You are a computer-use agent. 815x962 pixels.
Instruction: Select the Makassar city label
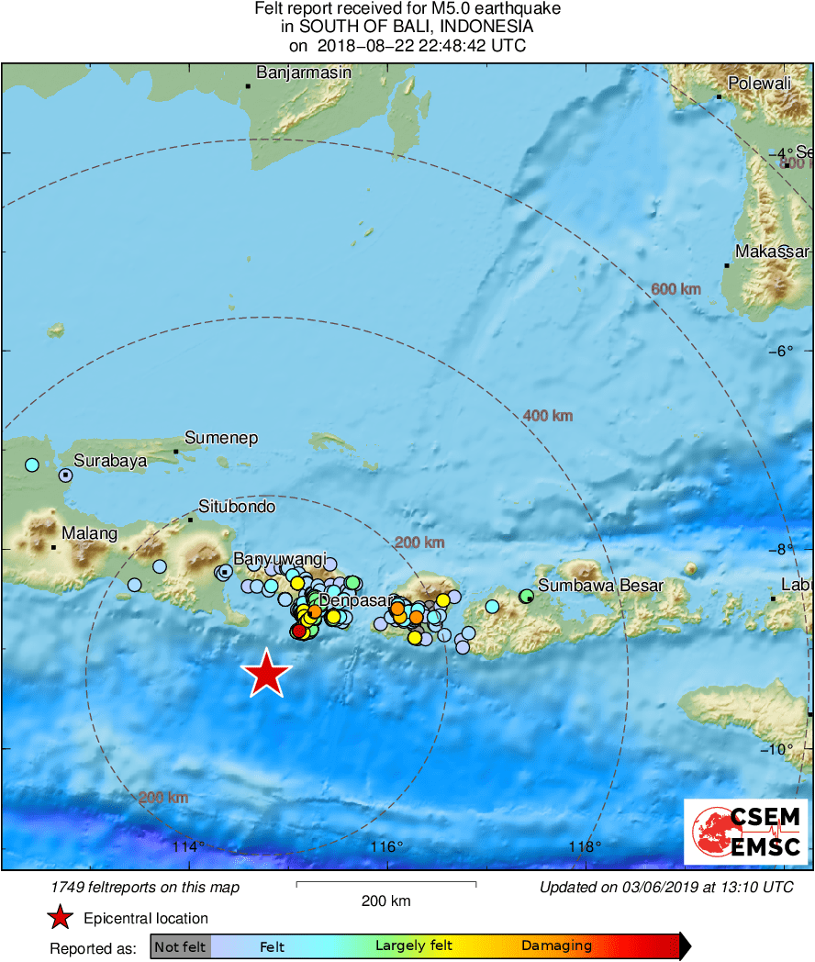pyautogui.click(x=772, y=252)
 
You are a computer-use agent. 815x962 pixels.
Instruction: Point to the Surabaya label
pyautogui.click(x=110, y=461)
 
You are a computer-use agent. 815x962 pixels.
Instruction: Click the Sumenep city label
pyautogui.click(x=221, y=438)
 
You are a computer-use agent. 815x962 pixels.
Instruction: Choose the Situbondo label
pyautogui.click(x=237, y=506)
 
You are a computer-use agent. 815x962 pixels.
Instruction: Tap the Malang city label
pyautogui.click(x=89, y=533)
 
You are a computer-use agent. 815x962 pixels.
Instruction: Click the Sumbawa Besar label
pyautogui.click(x=600, y=585)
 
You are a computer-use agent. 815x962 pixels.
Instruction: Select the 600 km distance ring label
pyautogui.click(x=675, y=289)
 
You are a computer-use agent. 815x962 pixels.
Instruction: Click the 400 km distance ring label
pyautogui.click(x=548, y=416)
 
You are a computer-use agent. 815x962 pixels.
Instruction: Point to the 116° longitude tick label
pyautogui.click(x=386, y=845)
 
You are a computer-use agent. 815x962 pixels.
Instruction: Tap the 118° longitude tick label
pyautogui.click(x=586, y=845)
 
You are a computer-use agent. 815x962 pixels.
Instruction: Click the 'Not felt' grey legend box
pyautogui.click(x=180, y=946)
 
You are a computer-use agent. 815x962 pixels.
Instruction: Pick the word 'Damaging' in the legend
pyautogui.click(x=556, y=946)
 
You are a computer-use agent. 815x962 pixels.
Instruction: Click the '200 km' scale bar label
pyautogui.click(x=385, y=900)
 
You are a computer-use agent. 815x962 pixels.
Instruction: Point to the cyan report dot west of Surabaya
pyautogui.click(x=32, y=464)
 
